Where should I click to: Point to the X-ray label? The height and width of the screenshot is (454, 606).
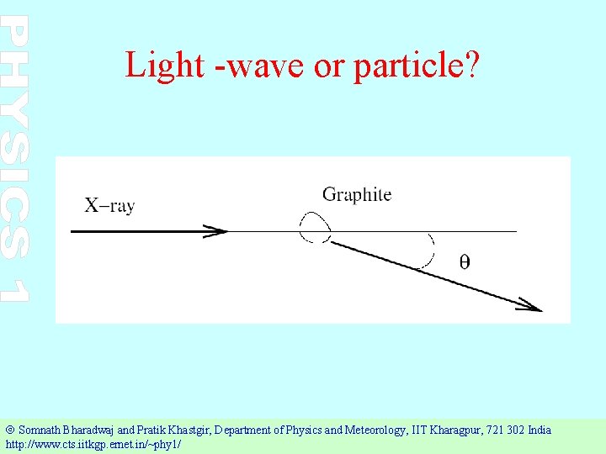tap(109, 204)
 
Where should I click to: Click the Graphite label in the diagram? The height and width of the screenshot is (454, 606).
tap(356, 194)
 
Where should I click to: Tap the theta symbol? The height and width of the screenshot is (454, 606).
tap(465, 261)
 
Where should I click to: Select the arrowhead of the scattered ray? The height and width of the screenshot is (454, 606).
tap(530, 304)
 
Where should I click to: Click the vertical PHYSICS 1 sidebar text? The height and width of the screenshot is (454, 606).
tap(16, 160)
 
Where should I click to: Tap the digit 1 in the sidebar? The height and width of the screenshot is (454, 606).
tap(16, 289)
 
